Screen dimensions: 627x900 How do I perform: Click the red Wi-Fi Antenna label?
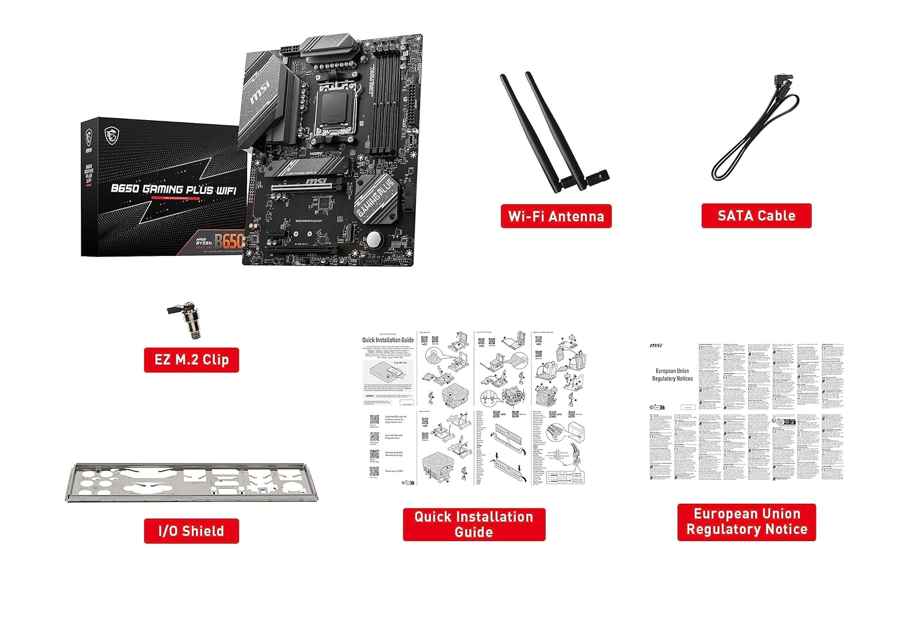tap(556, 216)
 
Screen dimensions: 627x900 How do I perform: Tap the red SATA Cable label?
tap(756, 216)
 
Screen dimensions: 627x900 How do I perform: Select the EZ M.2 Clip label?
tap(191, 360)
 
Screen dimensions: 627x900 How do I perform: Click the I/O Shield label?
tap(191, 531)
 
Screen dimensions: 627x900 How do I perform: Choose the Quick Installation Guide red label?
tap(473, 524)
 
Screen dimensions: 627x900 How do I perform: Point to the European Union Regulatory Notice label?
tap(746, 522)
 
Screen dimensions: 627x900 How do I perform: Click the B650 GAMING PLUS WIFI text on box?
tap(173, 189)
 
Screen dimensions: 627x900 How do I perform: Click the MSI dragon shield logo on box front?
tap(110, 135)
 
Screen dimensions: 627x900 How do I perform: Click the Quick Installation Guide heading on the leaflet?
tap(388, 340)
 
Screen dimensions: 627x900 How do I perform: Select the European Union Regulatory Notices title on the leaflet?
tap(672, 375)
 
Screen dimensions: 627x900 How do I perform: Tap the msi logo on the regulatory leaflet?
tap(656, 345)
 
